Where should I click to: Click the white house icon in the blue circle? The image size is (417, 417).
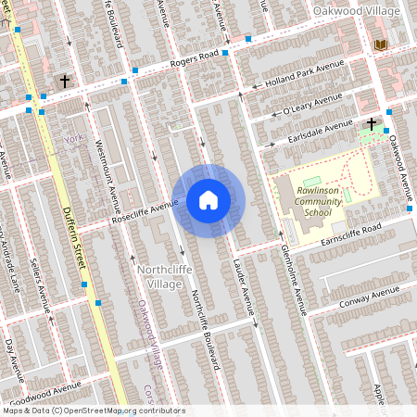tap(208, 200)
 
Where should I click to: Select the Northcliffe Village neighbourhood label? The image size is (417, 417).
tap(158, 276)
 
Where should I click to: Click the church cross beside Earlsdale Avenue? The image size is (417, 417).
tap(372, 123)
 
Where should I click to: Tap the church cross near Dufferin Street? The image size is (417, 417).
tap(65, 82)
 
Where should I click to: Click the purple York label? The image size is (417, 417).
tap(75, 139)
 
